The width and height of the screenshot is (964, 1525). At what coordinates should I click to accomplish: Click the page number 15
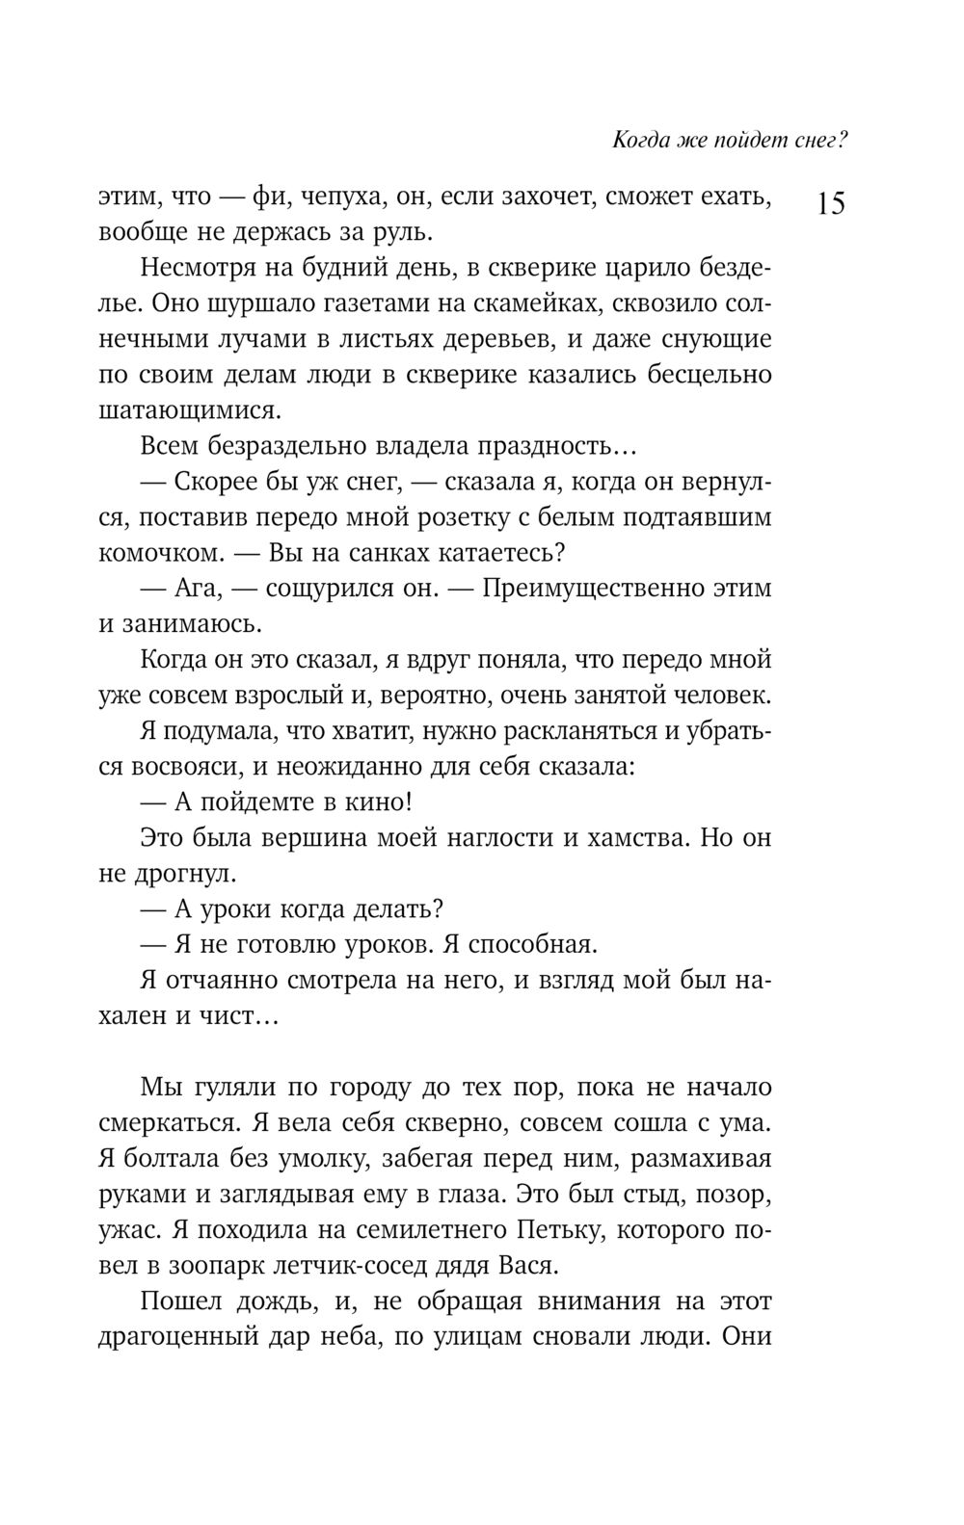pyautogui.click(x=831, y=203)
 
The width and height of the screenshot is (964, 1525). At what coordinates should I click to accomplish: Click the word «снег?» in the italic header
pyautogui.click(x=817, y=141)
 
